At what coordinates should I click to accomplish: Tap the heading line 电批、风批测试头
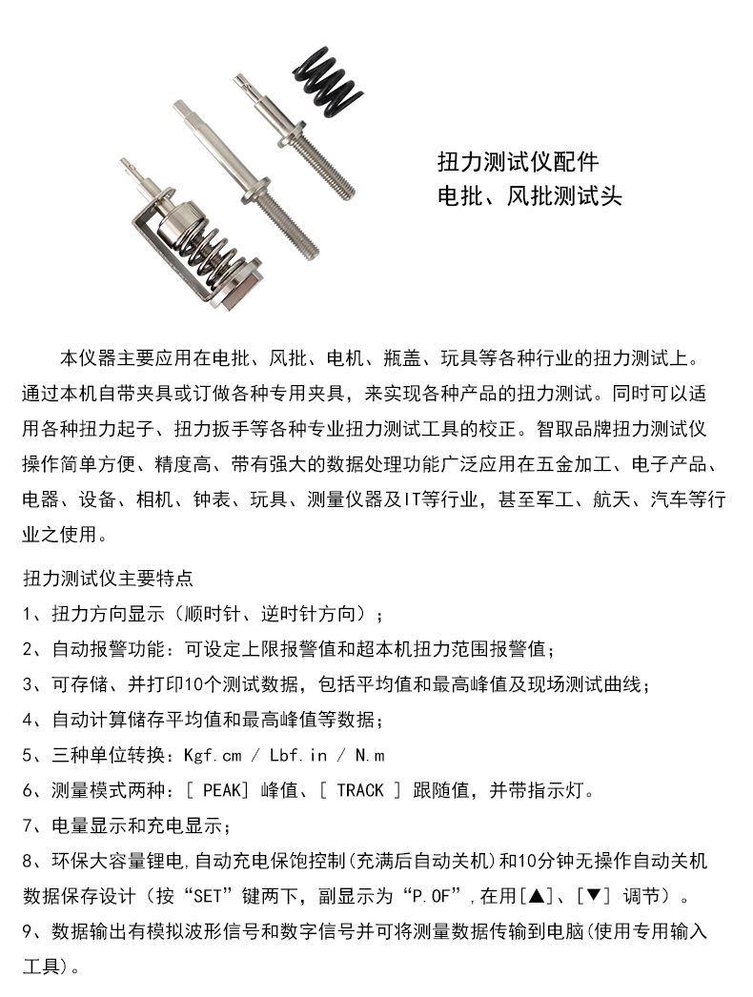529,197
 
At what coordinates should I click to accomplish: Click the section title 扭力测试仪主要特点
107,578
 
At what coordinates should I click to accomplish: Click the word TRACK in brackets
359,790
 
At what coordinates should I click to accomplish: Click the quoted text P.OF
434,896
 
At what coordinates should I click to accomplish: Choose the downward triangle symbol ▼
593,896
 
